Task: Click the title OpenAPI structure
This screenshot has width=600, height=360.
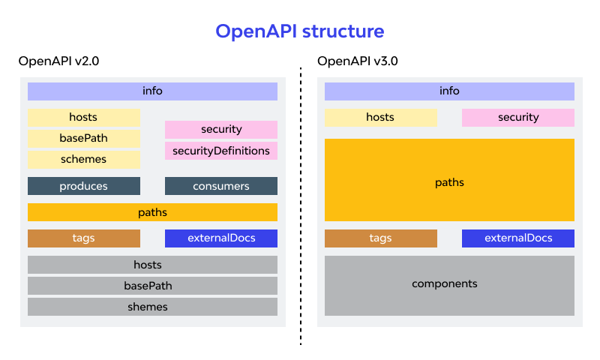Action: click(300, 31)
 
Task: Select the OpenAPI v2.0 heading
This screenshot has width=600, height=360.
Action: click(59, 61)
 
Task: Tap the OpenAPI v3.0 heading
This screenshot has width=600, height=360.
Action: click(358, 61)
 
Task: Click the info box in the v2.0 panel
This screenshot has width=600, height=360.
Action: click(152, 91)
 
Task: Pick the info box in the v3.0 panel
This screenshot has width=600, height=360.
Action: click(449, 91)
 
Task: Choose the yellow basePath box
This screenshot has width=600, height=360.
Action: click(84, 139)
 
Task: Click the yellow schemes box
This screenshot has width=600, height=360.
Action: click(84, 160)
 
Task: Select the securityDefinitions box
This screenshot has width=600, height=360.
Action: click(221, 151)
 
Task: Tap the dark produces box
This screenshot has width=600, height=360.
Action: click(84, 186)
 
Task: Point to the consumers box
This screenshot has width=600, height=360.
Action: click(221, 186)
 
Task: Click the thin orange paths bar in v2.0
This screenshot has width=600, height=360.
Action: click(152, 212)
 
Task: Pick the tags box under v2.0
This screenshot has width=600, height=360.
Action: click(84, 238)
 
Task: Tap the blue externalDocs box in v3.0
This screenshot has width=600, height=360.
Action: click(518, 238)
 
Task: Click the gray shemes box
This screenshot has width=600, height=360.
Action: click(152, 307)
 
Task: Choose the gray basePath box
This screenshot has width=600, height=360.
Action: click(152, 286)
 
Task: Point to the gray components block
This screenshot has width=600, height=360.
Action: click(449, 284)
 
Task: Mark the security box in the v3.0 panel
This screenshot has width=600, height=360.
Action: click(518, 118)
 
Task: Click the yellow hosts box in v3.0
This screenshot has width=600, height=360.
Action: click(380, 118)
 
